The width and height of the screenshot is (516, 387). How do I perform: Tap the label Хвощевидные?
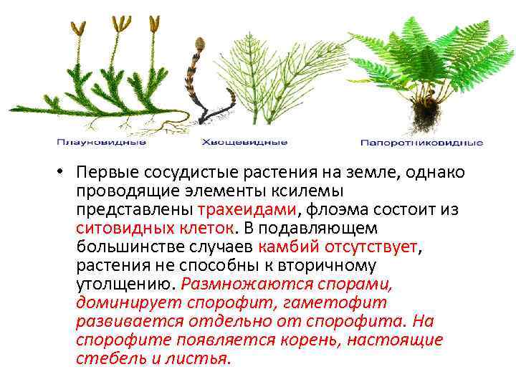tap(244, 143)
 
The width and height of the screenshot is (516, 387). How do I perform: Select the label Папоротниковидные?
tap(421, 143)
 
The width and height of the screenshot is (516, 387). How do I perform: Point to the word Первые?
tap(107, 173)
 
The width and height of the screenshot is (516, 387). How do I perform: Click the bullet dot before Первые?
tap(64, 174)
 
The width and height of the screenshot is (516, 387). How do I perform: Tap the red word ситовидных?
tap(123, 228)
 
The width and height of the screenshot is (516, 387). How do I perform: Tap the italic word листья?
tap(203, 358)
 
